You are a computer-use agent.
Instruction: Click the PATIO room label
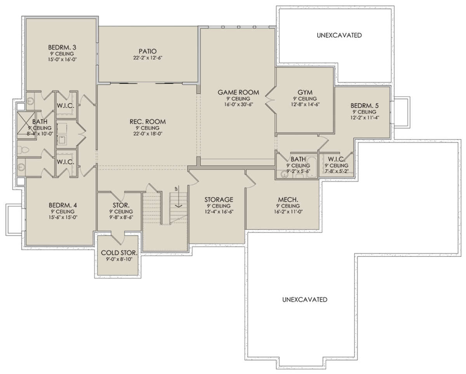point(148,51)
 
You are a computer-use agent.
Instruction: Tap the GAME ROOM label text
point(238,92)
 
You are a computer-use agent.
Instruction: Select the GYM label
point(305,92)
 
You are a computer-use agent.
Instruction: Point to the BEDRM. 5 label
point(365,106)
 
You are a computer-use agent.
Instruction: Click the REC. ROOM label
point(148,121)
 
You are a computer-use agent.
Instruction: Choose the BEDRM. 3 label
point(62,47)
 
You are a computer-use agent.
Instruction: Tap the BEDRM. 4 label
point(63,205)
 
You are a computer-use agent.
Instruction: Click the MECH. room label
point(288,199)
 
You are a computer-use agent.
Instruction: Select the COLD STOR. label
point(119,253)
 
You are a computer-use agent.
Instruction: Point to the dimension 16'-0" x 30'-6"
point(238,104)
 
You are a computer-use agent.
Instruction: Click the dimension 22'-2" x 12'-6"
point(148,58)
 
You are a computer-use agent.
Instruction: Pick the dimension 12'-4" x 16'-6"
point(219,211)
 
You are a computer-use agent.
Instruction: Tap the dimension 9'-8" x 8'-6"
point(121,217)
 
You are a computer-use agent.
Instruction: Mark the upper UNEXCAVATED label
point(339,35)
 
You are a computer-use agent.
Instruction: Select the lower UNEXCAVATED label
point(305,300)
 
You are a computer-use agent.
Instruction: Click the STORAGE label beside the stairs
point(219,199)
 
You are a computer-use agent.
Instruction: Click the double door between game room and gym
point(270,100)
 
